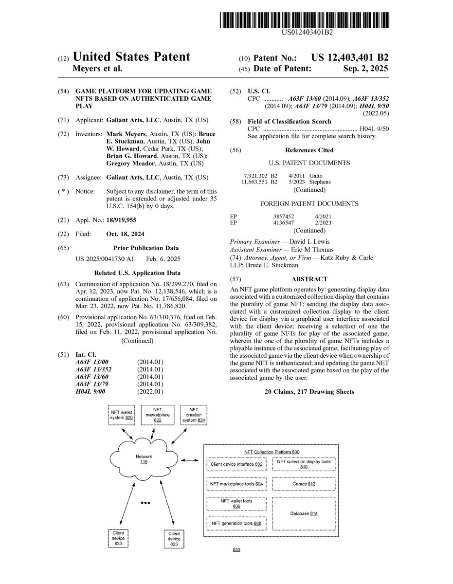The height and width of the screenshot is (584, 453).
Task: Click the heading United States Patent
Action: tap(131, 57)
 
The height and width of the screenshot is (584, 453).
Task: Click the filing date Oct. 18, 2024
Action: tap(125, 234)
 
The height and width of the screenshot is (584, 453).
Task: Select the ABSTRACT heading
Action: tap(309, 279)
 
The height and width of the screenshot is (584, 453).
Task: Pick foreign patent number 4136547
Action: tap(283, 222)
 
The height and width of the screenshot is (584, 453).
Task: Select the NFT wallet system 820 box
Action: tap(121, 415)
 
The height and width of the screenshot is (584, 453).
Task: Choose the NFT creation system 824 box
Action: tap(194, 414)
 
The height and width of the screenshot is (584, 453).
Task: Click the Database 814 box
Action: tap(304, 513)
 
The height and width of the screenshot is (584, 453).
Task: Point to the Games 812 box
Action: tap(304, 484)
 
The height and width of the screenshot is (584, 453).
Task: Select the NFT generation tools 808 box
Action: tap(236, 523)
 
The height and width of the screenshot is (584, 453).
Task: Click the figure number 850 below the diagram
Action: tap(236, 550)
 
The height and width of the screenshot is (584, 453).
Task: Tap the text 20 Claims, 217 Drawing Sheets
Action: tap(309, 392)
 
